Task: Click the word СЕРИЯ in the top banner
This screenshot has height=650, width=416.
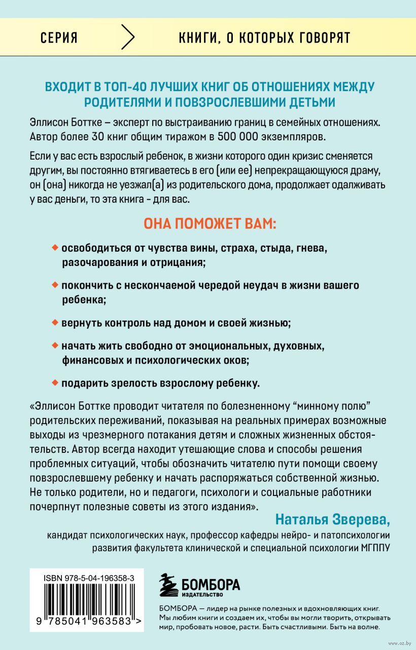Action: pyautogui.click(x=58, y=38)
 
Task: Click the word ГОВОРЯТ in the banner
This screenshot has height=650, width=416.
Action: pyautogui.click(x=319, y=38)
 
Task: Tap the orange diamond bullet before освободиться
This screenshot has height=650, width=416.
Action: pyautogui.click(x=55, y=249)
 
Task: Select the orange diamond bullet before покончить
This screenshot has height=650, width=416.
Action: pyautogui.click(x=55, y=285)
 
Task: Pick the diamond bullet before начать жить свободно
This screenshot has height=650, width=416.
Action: pyautogui.click(x=55, y=347)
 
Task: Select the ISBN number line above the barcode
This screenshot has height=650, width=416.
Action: pyautogui.click(x=85, y=577)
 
